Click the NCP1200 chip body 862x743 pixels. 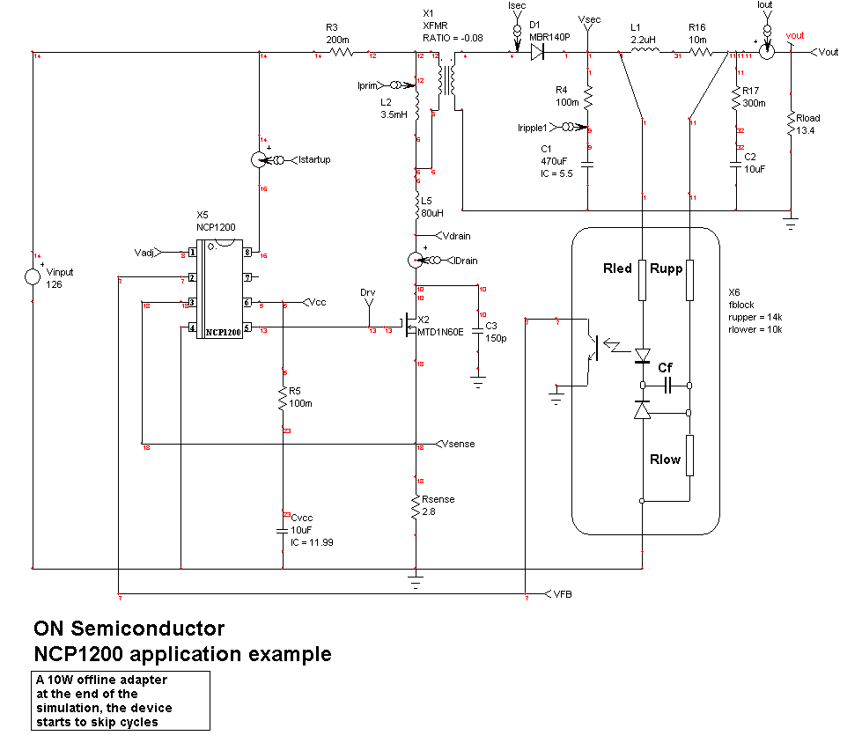click(x=219, y=290)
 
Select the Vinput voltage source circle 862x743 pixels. click(x=33, y=277)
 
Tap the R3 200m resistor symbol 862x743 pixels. click(x=341, y=53)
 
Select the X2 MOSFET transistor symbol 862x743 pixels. click(x=410, y=329)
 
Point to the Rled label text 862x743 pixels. click(x=617, y=269)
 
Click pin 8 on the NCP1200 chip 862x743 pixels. click(x=248, y=253)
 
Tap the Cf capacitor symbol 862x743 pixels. click(x=667, y=385)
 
